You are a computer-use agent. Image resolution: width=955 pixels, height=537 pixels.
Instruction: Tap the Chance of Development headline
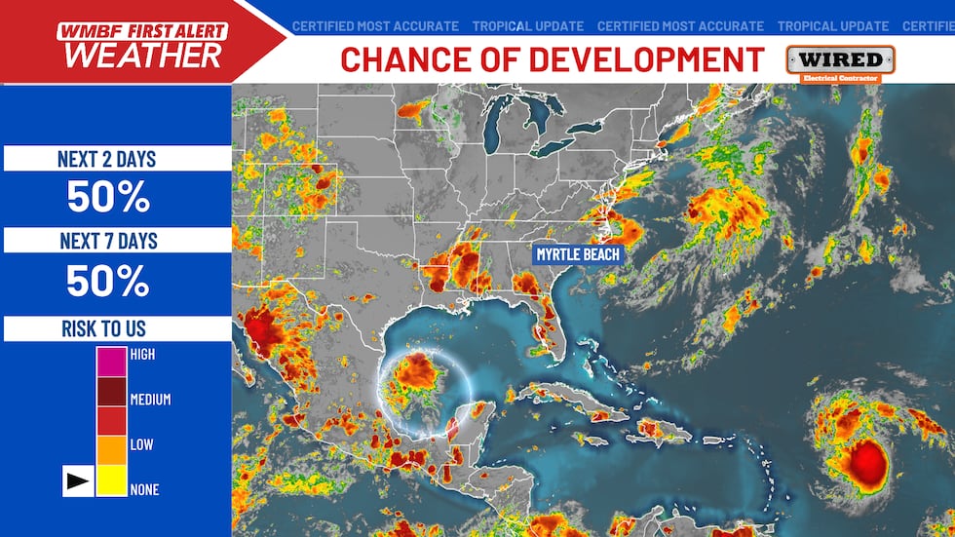pyautogui.click(x=553, y=59)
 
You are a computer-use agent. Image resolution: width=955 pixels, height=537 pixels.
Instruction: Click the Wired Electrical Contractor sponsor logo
pyautogui.click(x=839, y=62)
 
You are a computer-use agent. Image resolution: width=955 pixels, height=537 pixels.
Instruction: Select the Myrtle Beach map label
pyautogui.click(x=577, y=254)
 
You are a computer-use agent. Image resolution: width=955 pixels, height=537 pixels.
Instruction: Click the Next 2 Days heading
pyautogui.click(x=107, y=159)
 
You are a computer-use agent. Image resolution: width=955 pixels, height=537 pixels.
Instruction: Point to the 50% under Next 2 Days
pyautogui.click(x=107, y=198)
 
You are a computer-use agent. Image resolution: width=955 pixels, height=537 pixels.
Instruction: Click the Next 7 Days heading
pyautogui.click(x=107, y=241)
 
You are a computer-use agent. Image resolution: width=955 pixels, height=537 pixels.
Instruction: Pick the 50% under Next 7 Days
pyautogui.click(x=107, y=281)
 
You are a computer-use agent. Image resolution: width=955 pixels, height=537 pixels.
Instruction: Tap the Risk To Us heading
pyautogui.click(x=104, y=328)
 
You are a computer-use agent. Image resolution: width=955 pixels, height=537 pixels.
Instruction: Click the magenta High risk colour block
pyautogui.click(x=111, y=362)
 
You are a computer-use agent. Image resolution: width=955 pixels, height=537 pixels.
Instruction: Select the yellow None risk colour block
pyautogui.click(x=111, y=481)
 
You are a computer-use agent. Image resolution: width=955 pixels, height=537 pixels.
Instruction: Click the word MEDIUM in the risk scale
pyautogui.click(x=150, y=400)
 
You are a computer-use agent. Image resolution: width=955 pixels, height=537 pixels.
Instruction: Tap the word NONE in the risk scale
pyautogui.click(x=143, y=489)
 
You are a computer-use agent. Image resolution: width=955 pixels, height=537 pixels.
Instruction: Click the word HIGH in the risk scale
pyautogui.click(x=142, y=355)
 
